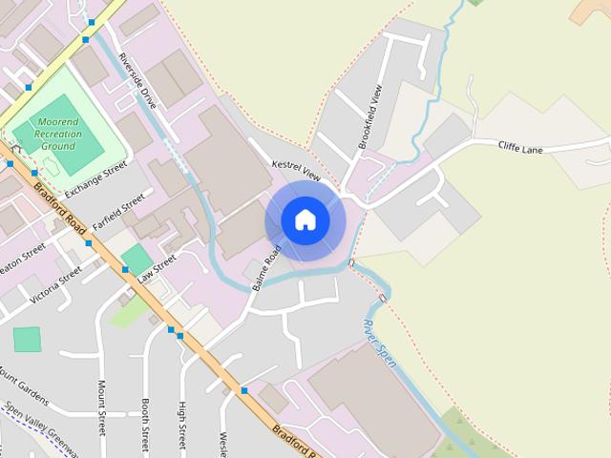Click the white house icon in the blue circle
[x=305, y=220]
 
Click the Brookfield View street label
[x=370, y=118]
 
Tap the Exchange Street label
[x=95, y=179]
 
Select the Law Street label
[x=157, y=266]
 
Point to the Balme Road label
[x=266, y=270]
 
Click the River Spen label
[x=380, y=343]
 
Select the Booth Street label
[x=145, y=425]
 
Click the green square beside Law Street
[x=137, y=258]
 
